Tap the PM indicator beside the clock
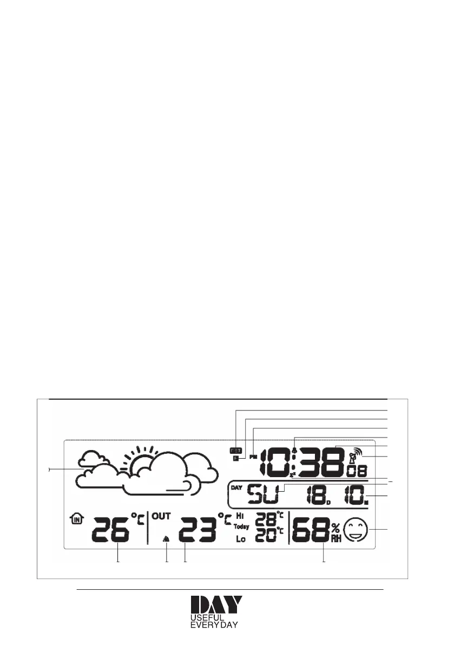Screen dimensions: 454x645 pyautogui.click(x=253, y=457)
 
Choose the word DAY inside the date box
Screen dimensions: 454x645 pyautogui.click(x=236, y=487)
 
